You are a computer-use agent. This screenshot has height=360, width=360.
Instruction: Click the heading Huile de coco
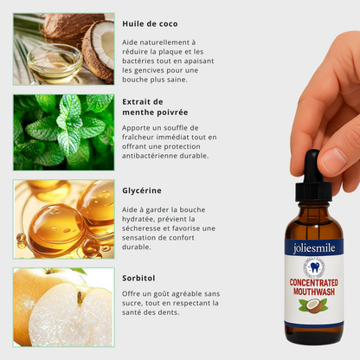(x=150, y=23)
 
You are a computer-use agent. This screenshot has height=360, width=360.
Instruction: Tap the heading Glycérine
(x=142, y=190)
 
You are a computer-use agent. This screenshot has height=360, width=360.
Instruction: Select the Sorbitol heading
(x=138, y=278)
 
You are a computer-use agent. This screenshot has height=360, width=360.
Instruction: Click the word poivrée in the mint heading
(x=171, y=112)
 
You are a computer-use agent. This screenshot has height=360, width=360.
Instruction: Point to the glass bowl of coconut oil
(x=55, y=63)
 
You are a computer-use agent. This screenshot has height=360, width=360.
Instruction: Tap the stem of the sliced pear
(x=79, y=298)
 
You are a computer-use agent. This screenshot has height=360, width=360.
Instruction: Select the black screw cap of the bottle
(x=313, y=191)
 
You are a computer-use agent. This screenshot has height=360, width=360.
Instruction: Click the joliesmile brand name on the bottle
(x=314, y=248)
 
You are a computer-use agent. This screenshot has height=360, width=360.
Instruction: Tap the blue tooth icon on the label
(x=314, y=267)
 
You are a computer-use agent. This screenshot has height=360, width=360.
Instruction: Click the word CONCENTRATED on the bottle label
(x=314, y=282)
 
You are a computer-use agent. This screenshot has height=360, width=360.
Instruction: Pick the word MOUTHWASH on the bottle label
(x=314, y=292)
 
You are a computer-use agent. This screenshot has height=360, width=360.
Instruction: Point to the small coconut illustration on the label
(x=312, y=306)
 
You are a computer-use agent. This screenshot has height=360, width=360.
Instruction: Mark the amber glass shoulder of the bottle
(x=313, y=223)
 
